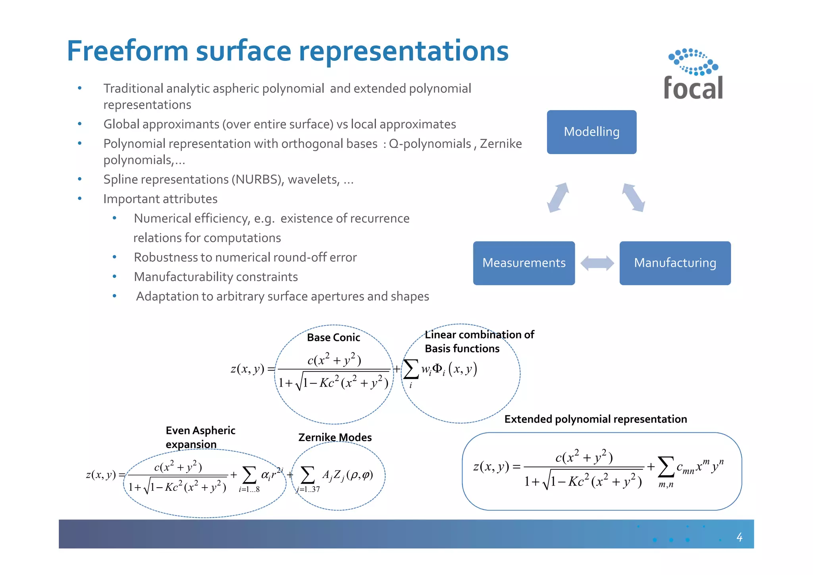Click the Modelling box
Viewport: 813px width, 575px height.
(591, 132)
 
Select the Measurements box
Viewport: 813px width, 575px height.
(524, 263)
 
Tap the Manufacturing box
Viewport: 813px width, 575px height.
(675, 263)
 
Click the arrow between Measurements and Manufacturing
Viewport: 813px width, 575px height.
(597, 263)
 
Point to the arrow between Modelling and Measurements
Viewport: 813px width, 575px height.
(558, 197)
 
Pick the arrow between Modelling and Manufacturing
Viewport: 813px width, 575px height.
(634, 197)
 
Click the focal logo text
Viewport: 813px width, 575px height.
(693, 88)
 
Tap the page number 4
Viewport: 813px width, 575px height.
(739, 537)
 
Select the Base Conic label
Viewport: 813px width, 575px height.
(333, 337)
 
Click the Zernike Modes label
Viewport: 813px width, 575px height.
(335, 437)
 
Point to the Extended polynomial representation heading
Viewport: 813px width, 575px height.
(595, 419)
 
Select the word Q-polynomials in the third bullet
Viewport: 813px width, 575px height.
(430, 143)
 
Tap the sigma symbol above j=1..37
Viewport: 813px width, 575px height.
(308, 475)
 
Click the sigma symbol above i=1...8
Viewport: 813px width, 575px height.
(249, 475)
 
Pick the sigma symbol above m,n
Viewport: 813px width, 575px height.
(666, 467)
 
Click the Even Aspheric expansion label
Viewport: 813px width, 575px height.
(200, 437)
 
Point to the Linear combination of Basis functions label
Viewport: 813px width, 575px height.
(479, 341)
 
